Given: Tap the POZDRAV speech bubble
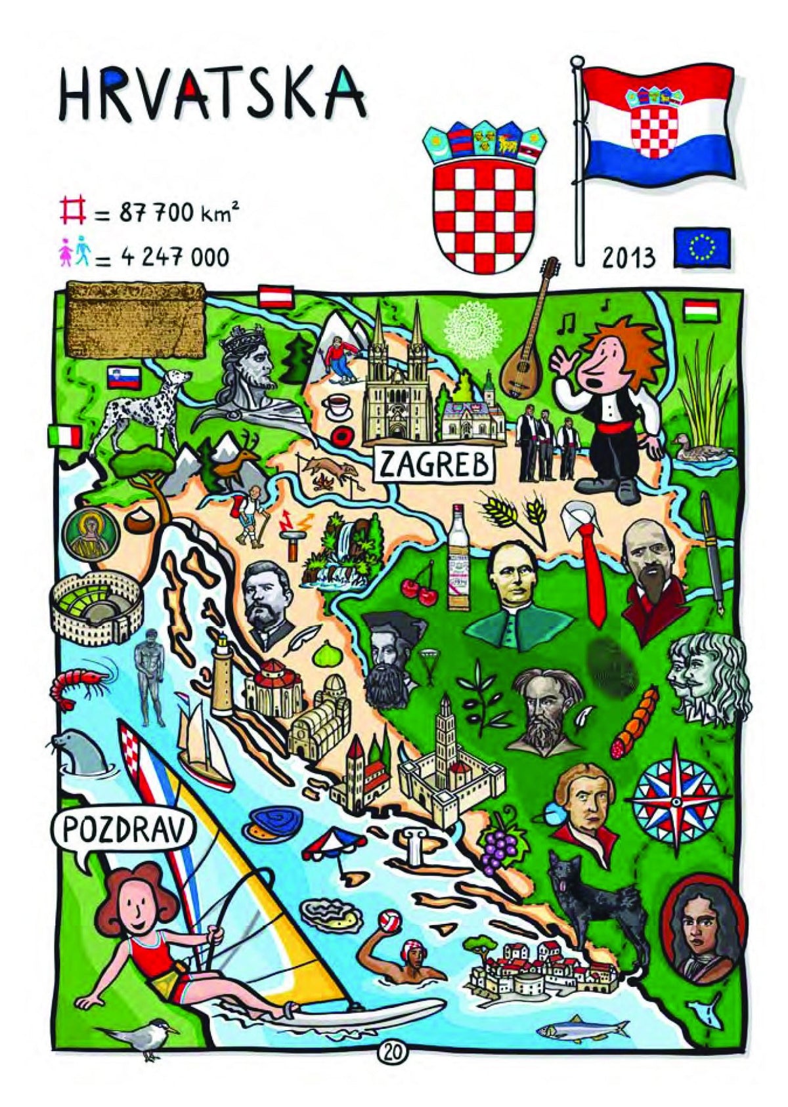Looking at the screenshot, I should pyautogui.click(x=123, y=831).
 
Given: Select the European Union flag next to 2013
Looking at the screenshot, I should pyautogui.click(x=701, y=247).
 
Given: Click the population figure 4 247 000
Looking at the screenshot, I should pyautogui.click(x=174, y=257).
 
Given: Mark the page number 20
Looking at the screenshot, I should pyautogui.click(x=393, y=1052).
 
